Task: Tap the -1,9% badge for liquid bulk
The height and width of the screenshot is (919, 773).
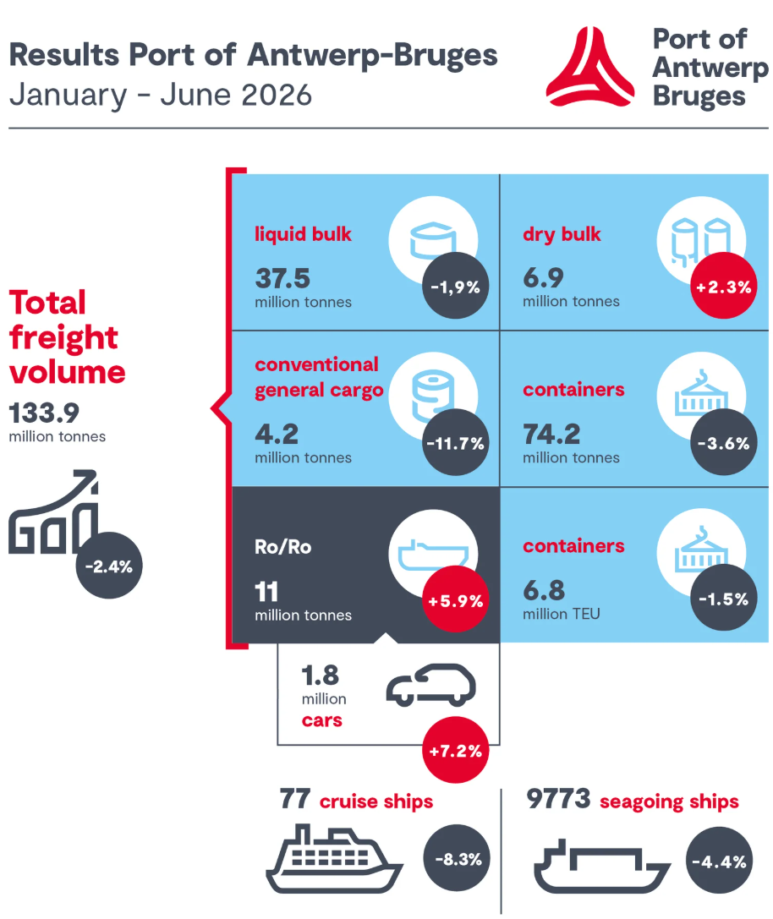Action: pos(456,286)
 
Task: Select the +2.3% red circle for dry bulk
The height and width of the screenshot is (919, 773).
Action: pos(724,286)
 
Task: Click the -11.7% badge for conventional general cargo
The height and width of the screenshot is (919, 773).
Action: pos(456,442)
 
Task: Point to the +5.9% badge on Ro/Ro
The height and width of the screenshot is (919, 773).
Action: pos(456,599)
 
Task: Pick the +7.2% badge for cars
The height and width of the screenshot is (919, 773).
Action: pos(456,750)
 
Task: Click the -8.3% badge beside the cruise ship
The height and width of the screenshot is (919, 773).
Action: pos(457,858)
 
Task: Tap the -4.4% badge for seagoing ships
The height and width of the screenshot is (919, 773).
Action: pos(719,861)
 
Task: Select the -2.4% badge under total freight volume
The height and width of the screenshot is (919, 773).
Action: pos(109,566)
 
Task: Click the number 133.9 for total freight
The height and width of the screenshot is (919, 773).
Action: pos(44,413)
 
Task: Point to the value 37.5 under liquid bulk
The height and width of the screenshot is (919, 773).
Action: pos(282,278)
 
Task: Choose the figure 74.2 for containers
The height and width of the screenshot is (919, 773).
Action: pos(551,435)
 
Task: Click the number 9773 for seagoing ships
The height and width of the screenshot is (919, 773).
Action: pos(557,798)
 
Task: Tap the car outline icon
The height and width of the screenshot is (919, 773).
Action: pos(430,685)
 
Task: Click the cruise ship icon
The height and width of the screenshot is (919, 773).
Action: pos(334,859)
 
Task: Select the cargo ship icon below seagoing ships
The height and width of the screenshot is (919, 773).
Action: pos(602,867)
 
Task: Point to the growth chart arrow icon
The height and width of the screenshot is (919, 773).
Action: pos(52,511)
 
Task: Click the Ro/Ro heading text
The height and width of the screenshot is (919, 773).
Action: pos(282,547)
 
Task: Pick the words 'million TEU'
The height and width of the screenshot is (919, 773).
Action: pos(562,614)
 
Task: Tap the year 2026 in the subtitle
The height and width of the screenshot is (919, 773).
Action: pos(277,95)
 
